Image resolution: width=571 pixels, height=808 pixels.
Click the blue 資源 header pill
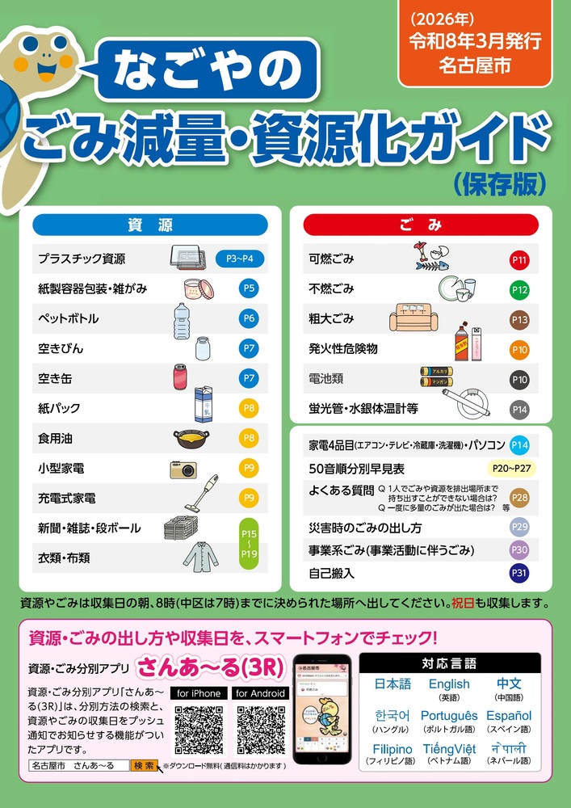point(150,224)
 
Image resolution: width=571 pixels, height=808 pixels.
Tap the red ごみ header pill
point(420,224)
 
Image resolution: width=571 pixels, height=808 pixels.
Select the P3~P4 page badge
point(240,259)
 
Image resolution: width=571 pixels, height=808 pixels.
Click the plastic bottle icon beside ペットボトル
point(181,319)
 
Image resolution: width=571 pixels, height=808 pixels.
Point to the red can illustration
point(179,377)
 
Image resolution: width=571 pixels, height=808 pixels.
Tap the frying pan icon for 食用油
point(191,439)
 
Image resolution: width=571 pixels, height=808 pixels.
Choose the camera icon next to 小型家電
point(183,469)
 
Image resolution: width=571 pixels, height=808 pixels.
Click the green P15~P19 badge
point(249,542)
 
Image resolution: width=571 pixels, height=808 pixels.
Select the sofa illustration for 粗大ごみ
point(417,318)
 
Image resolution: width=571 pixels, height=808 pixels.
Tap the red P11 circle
point(519,260)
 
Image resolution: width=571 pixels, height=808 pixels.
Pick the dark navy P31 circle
point(519,574)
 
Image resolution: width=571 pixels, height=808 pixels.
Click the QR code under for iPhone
point(199,729)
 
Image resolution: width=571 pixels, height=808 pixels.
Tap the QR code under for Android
point(260,729)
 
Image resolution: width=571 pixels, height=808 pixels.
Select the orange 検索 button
point(144,765)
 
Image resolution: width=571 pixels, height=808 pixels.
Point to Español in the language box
point(509,716)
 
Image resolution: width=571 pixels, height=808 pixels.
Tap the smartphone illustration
point(320,709)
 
